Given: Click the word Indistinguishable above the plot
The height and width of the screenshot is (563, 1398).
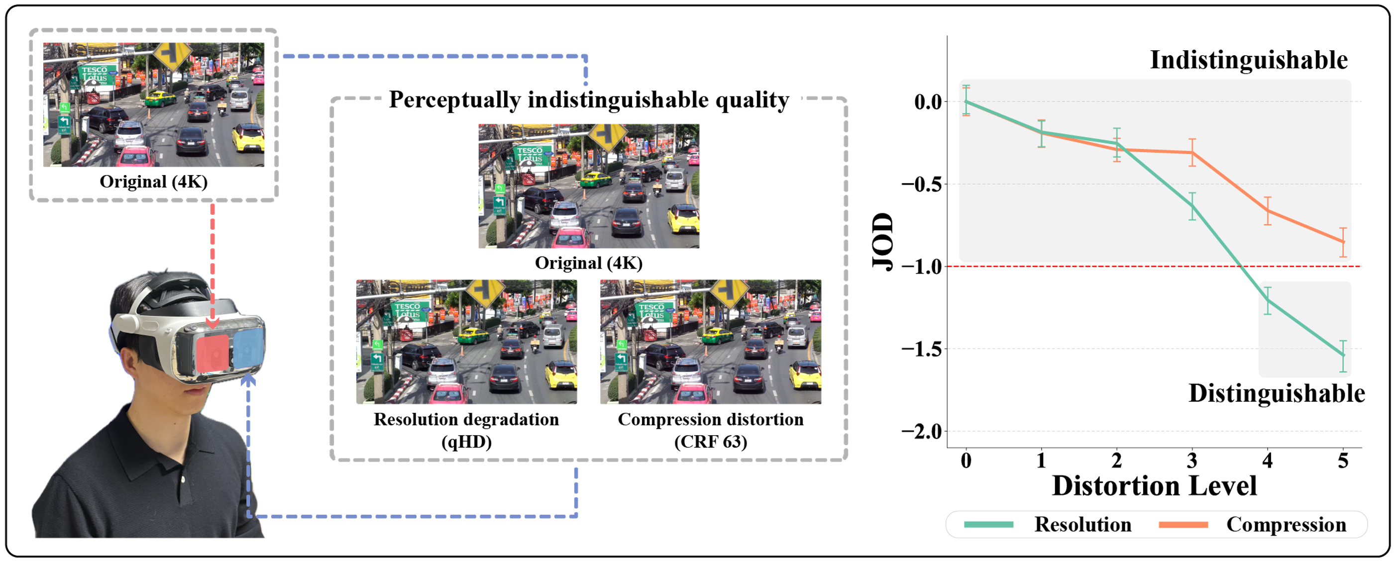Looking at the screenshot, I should click(x=1248, y=60).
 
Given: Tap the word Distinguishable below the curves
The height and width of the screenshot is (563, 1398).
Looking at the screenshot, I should click(x=1277, y=393).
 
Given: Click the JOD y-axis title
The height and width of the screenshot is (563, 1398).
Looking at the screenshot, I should click(x=882, y=241).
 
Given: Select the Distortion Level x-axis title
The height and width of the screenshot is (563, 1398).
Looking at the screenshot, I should click(x=1154, y=485).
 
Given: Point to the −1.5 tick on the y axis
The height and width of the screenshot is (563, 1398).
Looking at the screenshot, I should click(x=922, y=349).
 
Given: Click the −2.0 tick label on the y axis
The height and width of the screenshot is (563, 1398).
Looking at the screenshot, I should click(x=922, y=432).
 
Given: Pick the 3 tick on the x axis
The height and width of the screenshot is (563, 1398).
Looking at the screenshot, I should click(x=1192, y=461).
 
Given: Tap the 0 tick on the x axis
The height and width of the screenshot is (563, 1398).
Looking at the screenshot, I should click(x=966, y=461).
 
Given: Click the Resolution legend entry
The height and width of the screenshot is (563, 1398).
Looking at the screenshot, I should click(x=1082, y=525).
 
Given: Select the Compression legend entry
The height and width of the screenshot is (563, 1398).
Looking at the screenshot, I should click(x=1286, y=525).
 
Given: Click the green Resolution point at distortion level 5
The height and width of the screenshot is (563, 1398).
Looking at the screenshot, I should click(x=1343, y=355).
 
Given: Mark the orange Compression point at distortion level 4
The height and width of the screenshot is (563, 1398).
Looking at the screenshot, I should click(x=1268, y=210).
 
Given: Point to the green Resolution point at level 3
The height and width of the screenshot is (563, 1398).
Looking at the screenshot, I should click(x=1192, y=205).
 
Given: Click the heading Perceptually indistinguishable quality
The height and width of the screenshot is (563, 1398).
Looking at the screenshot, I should click(x=589, y=100).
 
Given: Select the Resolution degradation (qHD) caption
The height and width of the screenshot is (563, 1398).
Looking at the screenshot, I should click(x=466, y=430).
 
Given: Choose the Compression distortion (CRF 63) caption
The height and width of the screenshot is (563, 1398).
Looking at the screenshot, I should click(x=710, y=430).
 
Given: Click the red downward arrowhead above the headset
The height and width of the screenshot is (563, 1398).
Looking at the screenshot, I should click(x=212, y=323).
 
